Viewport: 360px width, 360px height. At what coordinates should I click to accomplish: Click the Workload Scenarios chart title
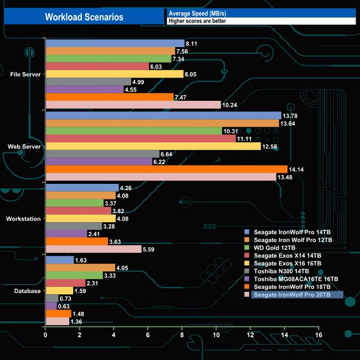click(84, 17)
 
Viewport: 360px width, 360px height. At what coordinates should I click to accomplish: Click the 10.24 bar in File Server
click(133, 105)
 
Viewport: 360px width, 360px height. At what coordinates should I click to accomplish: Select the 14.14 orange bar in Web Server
click(166, 169)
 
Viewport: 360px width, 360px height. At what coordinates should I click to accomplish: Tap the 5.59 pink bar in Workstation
click(93, 249)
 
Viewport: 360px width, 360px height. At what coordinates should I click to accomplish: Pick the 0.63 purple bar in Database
click(51, 306)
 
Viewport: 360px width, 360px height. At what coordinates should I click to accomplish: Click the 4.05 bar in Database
click(80, 268)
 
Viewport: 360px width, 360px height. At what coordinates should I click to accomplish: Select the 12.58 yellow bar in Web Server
click(153, 146)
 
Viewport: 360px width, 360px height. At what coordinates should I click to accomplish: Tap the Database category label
click(27, 291)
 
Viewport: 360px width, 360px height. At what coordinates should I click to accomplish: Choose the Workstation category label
click(23, 219)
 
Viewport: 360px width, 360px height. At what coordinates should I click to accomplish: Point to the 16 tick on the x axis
click(318, 335)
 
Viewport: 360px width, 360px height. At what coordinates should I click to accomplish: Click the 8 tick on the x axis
click(182, 335)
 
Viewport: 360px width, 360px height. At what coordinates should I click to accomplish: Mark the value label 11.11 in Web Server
click(245, 138)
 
